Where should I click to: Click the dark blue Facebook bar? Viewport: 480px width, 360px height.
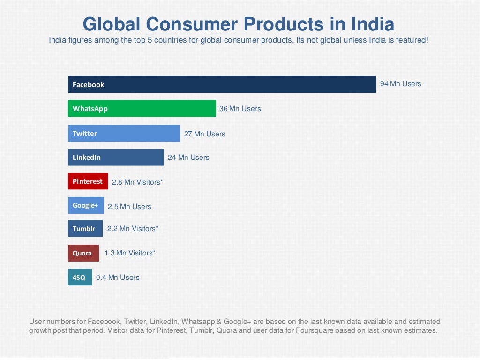tap(222, 84)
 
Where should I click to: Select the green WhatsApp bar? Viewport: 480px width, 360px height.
tap(142, 108)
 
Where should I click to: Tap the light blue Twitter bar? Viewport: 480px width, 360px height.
tap(124, 133)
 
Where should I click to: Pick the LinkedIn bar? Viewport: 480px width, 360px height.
tap(116, 157)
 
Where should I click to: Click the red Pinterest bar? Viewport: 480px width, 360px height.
tap(88, 181)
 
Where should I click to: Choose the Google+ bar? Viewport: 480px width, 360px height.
tap(86, 205)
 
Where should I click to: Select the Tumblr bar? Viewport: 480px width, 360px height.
tap(85, 229)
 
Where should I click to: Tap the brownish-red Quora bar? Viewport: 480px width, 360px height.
tap(83, 253)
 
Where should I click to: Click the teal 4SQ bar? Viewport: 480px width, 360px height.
tap(80, 277)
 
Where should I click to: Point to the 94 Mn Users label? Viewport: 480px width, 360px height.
tap(400, 84)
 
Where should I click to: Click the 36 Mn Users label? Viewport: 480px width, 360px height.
tap(240, 109)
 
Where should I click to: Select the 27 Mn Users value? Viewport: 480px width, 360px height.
tap(204, 134)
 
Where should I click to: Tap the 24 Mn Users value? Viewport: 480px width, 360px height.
tap(188, 157)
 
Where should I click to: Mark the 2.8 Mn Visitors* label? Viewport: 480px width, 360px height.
tap(137, 182)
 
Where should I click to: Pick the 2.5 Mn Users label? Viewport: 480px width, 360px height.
tap(129, 207)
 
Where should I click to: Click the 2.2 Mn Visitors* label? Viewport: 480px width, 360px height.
tap(133, 229)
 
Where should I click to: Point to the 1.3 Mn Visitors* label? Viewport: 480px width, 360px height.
tap(130, 253)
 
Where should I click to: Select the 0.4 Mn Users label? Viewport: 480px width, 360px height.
tap(118, 277)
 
